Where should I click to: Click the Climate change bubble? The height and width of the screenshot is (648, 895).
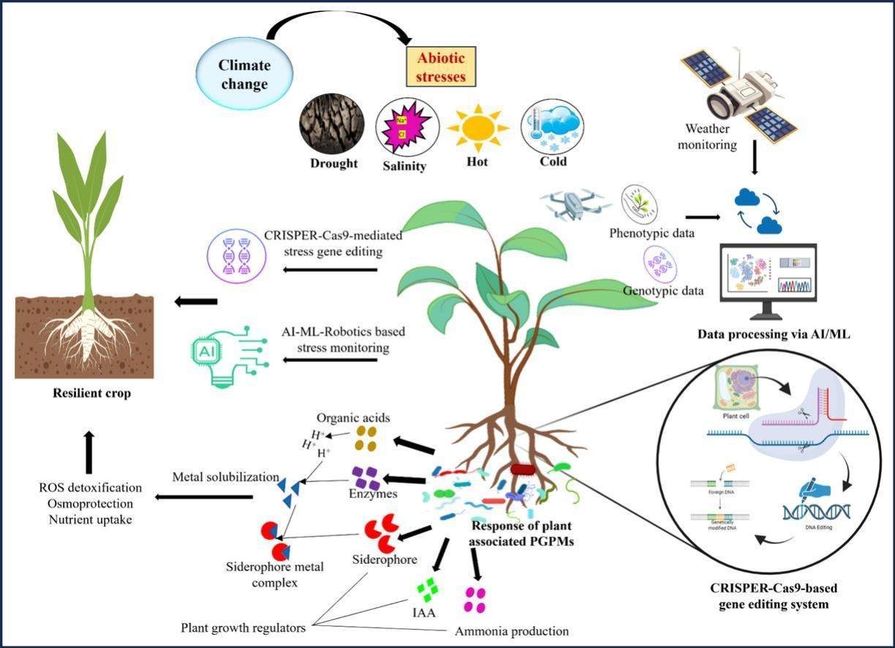click(244, 73)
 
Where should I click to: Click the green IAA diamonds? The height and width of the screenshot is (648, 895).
click(427, 589)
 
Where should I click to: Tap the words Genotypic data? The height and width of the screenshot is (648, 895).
click(663, 290)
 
